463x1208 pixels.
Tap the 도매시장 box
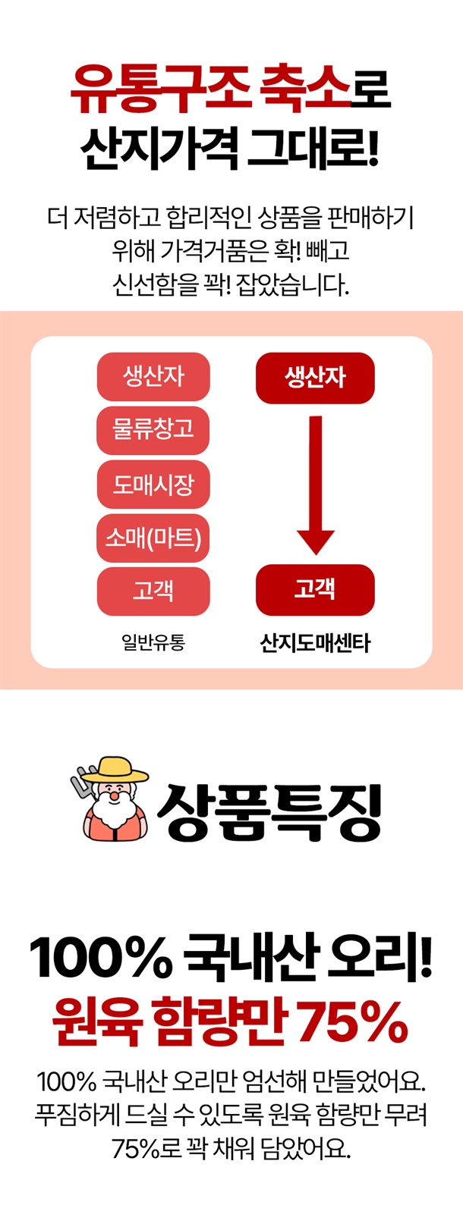153,484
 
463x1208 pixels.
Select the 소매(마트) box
153,538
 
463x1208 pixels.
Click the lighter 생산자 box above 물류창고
153,376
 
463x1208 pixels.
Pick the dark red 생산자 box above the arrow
315,378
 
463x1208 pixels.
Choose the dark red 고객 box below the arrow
315,589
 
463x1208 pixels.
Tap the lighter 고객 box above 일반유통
153,591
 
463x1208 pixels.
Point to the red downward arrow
316,485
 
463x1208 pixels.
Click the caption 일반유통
153,642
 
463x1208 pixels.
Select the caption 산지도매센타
315,642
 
